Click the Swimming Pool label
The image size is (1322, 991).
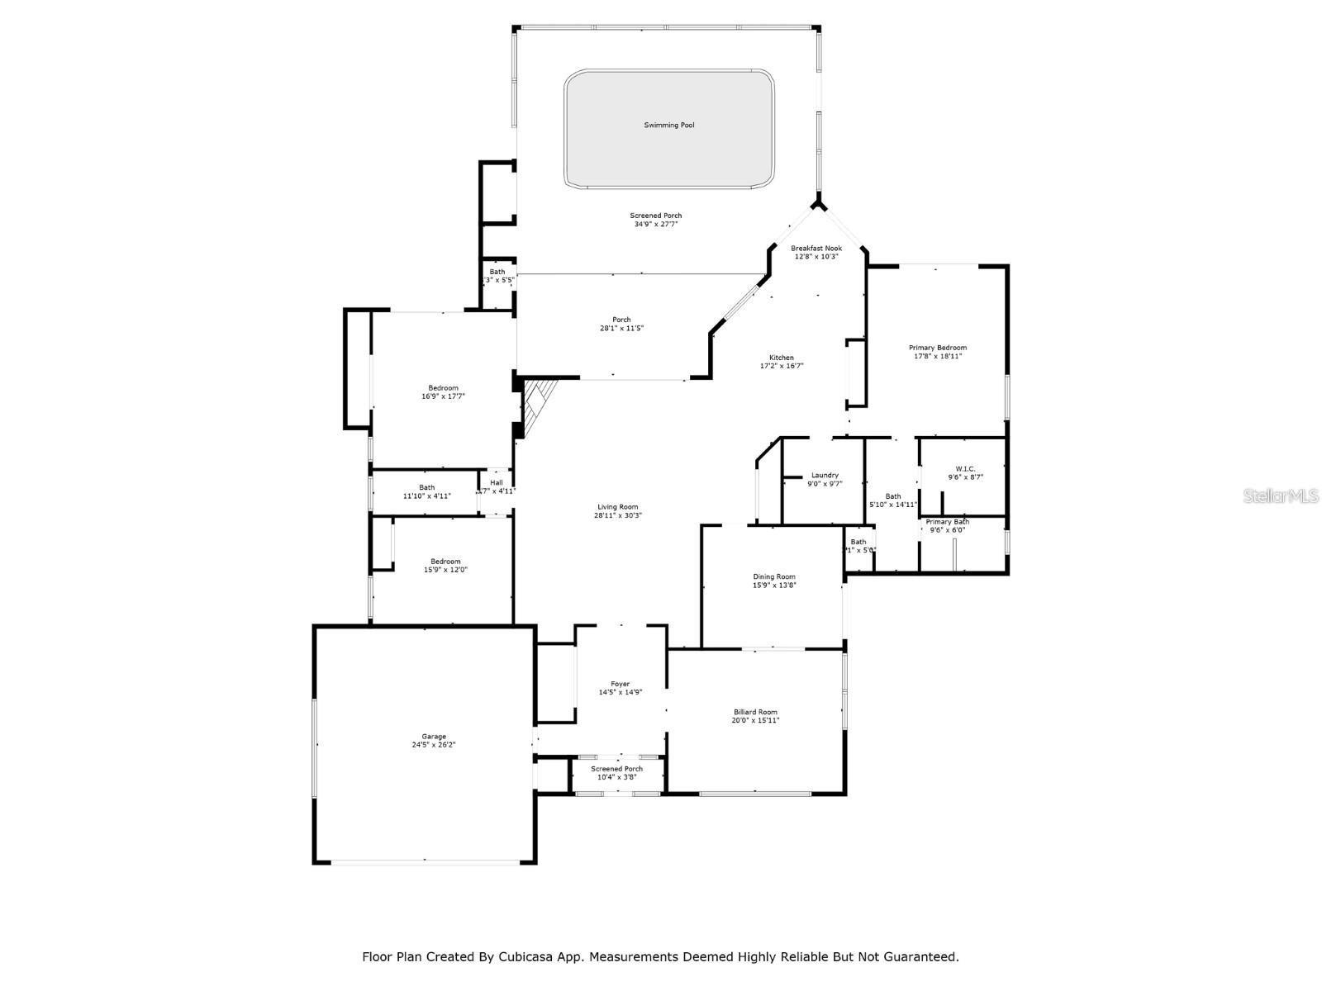pos(669,126)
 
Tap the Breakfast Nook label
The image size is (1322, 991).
pos(816,248)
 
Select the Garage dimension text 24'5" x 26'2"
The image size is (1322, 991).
pos(434,745)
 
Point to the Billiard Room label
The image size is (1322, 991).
pos(755,712)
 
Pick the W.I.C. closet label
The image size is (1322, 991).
pos(964,469)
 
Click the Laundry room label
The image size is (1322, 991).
pos(825,475)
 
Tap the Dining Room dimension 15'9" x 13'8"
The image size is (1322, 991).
pos(774,586)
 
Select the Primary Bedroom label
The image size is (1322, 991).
pos(938,348)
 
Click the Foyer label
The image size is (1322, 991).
pos(620,684)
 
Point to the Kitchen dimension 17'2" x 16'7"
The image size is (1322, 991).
pos(782,366)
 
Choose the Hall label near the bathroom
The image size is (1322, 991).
pos(496,483)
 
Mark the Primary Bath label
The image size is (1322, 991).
pos(948,522)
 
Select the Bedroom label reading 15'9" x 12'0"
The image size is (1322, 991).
pos(445,570)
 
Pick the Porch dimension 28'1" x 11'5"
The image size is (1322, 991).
pos(621,329)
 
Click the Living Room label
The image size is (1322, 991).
pos(618,507)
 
